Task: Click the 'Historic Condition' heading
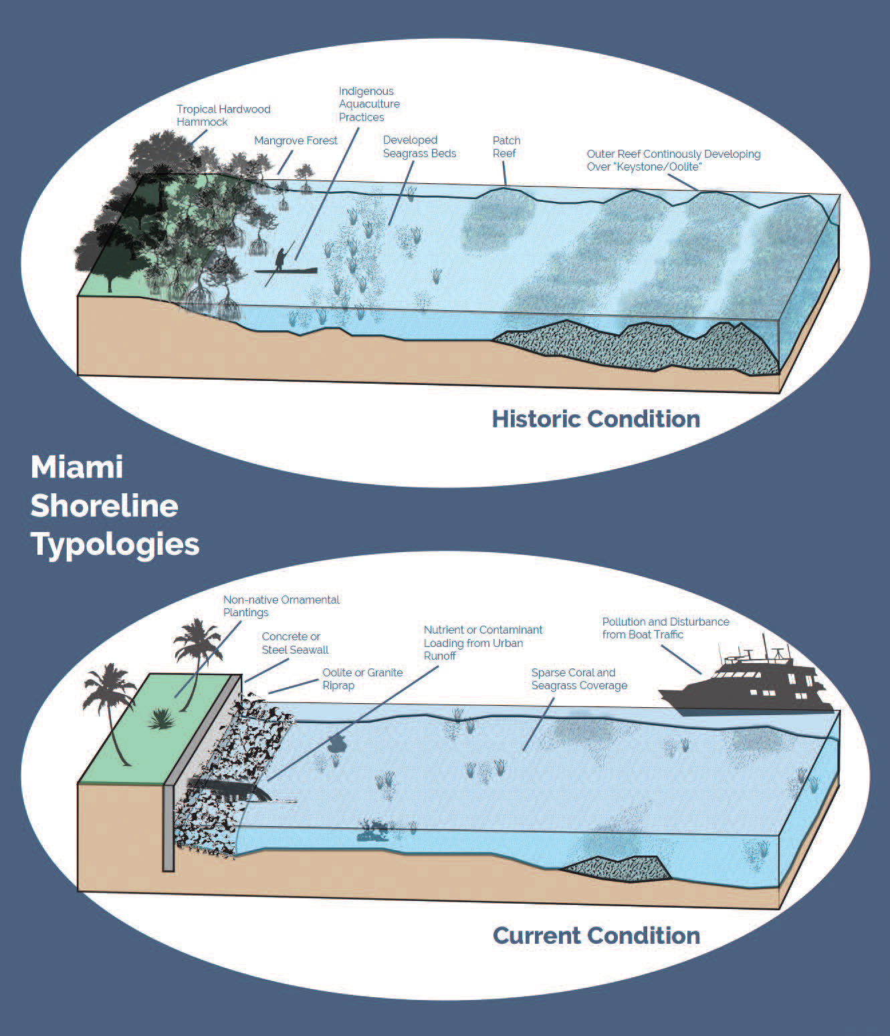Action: [x=596, y=419]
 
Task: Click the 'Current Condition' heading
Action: [x=596, y=935]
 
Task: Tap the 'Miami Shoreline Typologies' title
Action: [x=114, y=505]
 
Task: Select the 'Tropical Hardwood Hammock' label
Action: [x=223, y=115]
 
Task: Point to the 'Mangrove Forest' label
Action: [x=296, y=140]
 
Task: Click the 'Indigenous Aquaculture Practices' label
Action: [x=368, y=104]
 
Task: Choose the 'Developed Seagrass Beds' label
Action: [x=419, y=146]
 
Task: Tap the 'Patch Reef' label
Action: [x=506, y=146]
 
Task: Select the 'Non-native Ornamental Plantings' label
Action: [x=281, y=606]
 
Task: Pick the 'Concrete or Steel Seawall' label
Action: [x=295, y=642]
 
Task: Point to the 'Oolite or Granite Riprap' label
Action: [x=362, y=678]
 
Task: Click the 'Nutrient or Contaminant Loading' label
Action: [x=482, y=642]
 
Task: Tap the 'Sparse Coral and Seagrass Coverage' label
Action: [x=579, y=678]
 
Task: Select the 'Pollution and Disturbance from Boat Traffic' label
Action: [x=665, y=628]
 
